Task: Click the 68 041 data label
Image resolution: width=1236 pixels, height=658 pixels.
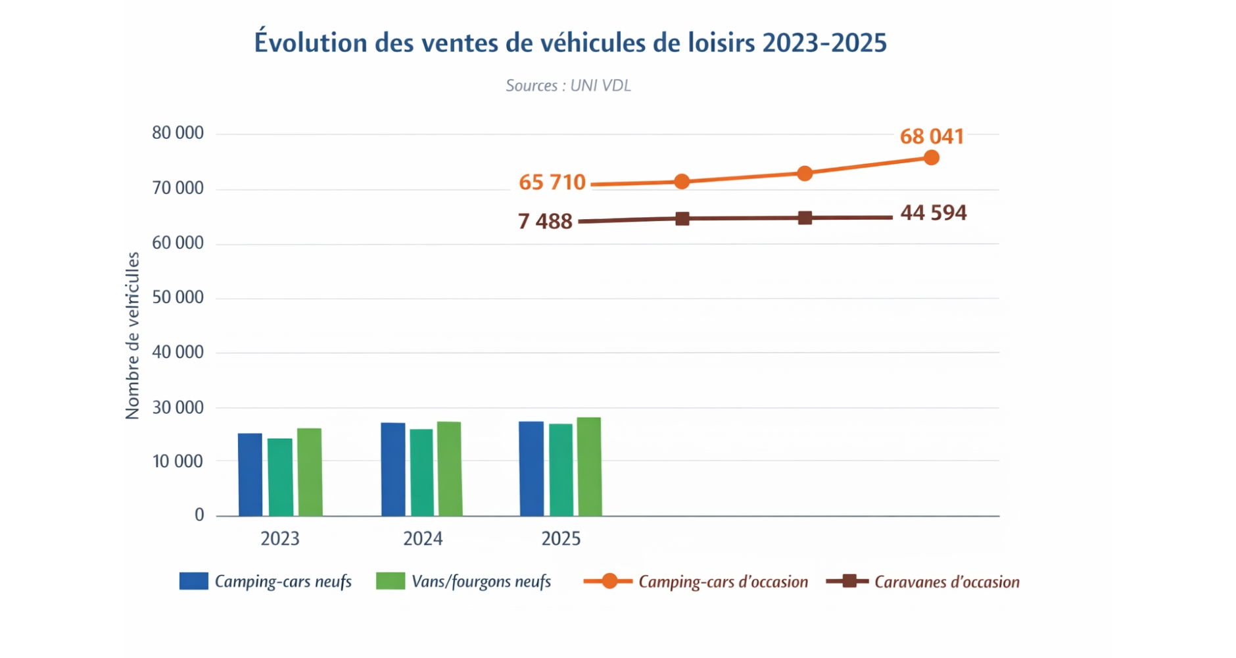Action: coord(932,136)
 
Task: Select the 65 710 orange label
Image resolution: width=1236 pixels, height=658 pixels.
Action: coord(552,182)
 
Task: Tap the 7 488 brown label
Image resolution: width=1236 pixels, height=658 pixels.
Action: coord(544,222)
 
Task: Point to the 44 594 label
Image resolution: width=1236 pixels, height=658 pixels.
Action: coord(933,213)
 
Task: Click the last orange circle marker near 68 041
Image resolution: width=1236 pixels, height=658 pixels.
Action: coord(931,158)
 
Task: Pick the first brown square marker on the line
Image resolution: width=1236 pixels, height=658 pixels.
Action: coord(682,219)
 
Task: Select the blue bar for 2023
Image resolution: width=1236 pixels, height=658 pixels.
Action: coord(250,474)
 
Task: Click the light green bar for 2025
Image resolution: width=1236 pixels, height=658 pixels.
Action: coord(589,467)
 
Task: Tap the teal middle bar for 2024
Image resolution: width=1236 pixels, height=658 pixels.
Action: coord(421,472)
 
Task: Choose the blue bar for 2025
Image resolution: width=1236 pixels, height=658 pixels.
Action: coord(531,468)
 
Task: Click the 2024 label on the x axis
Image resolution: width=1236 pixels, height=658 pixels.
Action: coord(423,539)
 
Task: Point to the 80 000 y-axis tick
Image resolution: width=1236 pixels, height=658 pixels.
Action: coord(178,134)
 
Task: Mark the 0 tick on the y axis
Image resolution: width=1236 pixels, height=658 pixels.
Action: coord(199,515)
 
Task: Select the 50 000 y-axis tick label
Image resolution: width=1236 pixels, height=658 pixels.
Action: coord(178,297)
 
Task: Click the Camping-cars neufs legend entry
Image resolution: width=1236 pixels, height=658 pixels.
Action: coord(266,582)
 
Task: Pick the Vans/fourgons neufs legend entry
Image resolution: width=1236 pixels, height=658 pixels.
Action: coord(463,582)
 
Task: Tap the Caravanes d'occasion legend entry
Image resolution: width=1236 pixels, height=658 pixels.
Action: coord(923,582)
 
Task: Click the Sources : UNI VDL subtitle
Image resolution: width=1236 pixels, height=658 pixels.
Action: coord(568,86)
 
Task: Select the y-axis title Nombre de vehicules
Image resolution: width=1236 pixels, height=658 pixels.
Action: coord(132,336)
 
